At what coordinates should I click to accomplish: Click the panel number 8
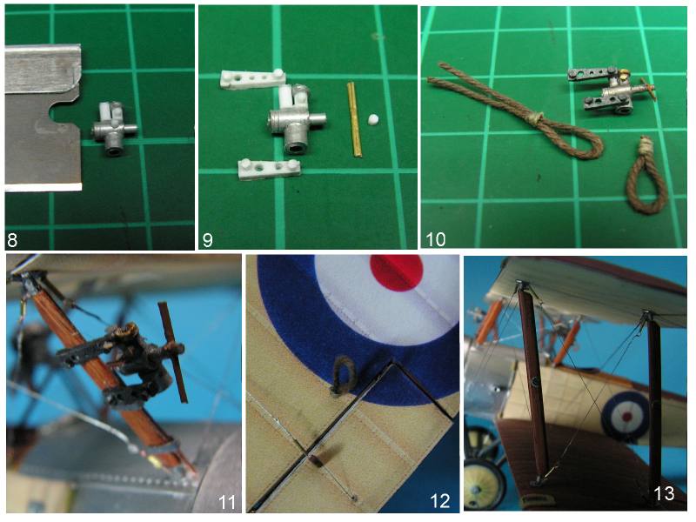click(x=12, y=240)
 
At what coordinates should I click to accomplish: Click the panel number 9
click(x=207, y=240)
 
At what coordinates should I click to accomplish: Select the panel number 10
click(x=436, y=239)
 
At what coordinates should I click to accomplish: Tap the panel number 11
click(x=227, y=502)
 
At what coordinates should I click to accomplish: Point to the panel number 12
click(x=440, y=501)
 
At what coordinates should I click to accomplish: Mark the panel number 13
click(x=664, y=493)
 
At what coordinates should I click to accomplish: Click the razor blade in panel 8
click(x=43, y=117)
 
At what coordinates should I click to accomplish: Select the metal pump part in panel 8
click(x=114, y=129)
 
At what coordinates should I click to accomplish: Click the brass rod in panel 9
click(x=354, y=120)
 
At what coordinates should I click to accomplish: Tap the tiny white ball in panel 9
click(x=374, y=119)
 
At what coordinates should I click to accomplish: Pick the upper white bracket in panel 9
click(x=252, y=79)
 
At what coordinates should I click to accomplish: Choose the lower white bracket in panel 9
click(x=269, y=169)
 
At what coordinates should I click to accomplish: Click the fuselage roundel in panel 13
click(x=626, y=417)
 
